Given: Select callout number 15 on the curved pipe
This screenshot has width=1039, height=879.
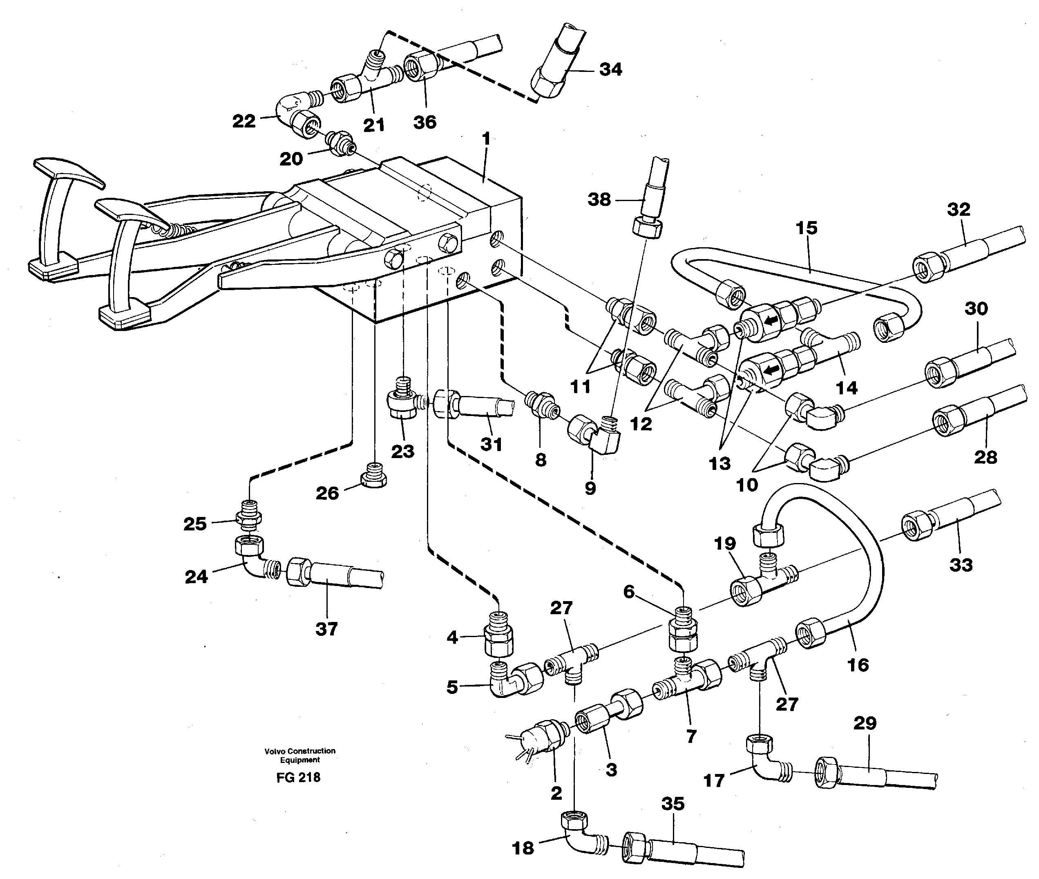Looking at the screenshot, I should click(x=807, y=228).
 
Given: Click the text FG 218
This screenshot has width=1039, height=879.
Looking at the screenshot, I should click(x=298, y=777).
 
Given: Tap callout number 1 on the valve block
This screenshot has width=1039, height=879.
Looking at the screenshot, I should click(x=486, y=139).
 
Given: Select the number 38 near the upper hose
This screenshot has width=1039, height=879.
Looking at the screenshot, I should click(x=599, y=200).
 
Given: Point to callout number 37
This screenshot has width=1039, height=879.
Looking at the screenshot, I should click(x=327, y=629).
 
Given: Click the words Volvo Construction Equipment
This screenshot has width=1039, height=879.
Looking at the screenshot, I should click(x=300, y=755).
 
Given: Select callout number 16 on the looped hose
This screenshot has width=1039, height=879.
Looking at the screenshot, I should click(x=858, y=665).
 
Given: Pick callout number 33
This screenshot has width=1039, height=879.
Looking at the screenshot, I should click(x=961, y=565).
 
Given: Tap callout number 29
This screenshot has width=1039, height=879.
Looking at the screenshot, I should click(x=865, y=723).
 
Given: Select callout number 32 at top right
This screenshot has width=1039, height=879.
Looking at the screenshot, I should click(x=959, y=209).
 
